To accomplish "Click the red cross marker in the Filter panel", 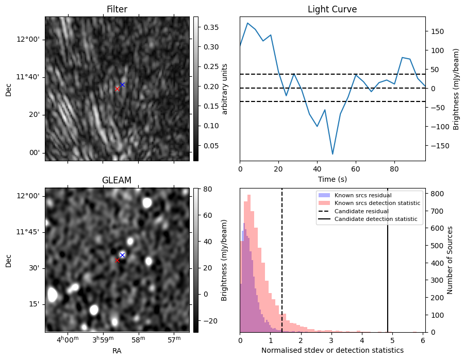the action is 117,89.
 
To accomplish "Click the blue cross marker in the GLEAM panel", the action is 122,255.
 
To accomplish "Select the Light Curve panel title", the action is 332,9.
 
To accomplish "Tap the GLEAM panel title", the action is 117,180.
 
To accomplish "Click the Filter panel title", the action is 117,9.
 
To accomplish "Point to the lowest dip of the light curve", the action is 333,154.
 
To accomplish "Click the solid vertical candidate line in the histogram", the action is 387,260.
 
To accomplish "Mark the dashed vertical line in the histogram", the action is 281,260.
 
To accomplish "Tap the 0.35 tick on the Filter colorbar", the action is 211,27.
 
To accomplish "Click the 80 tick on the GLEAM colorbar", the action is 208,188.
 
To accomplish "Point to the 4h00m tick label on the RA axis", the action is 68,339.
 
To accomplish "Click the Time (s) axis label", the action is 333,179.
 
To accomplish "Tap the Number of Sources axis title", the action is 450,260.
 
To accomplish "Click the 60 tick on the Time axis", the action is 356,169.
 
